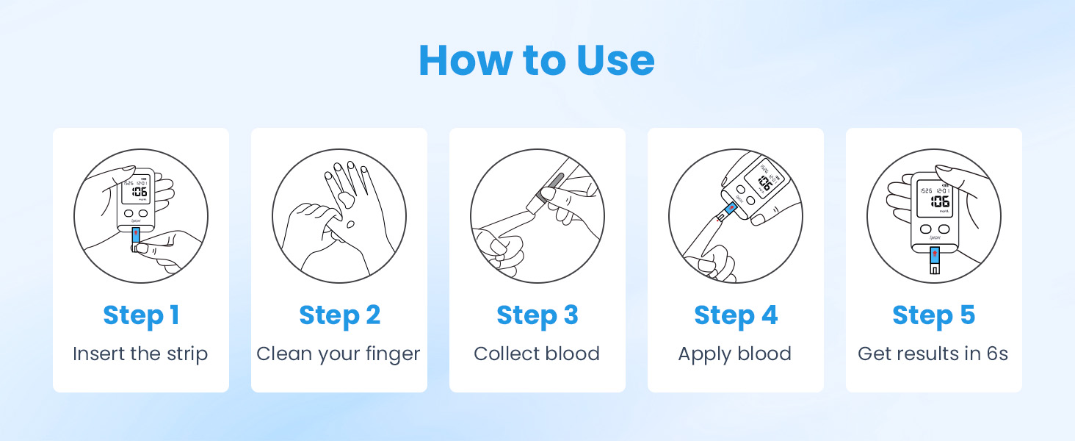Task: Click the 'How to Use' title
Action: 537,60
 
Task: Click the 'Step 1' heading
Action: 141,315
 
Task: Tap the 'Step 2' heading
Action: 339,315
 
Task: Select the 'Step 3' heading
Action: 537,315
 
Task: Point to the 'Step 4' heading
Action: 735,315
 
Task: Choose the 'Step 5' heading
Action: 933,315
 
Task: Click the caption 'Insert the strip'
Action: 140,354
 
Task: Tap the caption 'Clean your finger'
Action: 339,354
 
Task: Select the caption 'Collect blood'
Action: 537,354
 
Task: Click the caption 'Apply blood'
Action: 735,354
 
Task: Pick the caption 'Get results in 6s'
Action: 933,354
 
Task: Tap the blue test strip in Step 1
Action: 136,236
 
